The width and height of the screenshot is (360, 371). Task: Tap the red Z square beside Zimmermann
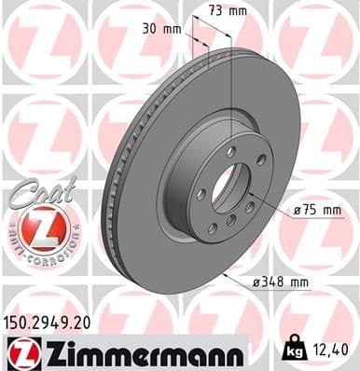(18, 353)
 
